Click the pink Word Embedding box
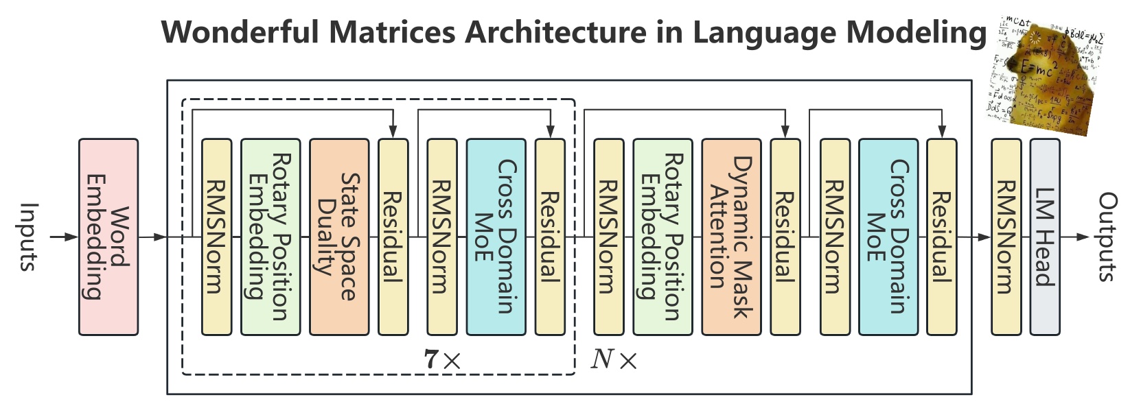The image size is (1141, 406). click(x=108, y=237)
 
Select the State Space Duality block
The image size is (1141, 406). click(x=338, y=237)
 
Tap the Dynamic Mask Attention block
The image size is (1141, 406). click(x=730, y=237)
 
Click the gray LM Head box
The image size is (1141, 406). click(x=1044, y=237)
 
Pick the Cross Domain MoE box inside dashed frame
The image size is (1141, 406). click(x=496, y=237)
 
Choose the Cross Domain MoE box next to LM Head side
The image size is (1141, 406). click(x=888, y=237)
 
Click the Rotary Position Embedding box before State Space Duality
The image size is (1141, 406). click(x=270, y=237)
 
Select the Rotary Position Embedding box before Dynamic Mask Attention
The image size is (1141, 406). click(x=662, y=237)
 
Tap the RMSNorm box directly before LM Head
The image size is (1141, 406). click(x=1006, y=237)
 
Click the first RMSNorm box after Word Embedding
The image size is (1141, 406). click(x=216, y=237)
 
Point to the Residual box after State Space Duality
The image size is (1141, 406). click(x=393, y=237)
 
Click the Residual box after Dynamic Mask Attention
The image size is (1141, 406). click(x=785, y=237)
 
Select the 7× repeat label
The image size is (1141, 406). click(x=442, y=359)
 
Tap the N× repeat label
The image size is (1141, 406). click(x=614, y=359)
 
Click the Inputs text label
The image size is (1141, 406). click(x=27, y=237)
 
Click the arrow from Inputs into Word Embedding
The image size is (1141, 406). click(x=65, y=237)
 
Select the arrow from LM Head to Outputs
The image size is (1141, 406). click(x=1076, y=237)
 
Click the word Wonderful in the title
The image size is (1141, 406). click(x=240, y=32)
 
